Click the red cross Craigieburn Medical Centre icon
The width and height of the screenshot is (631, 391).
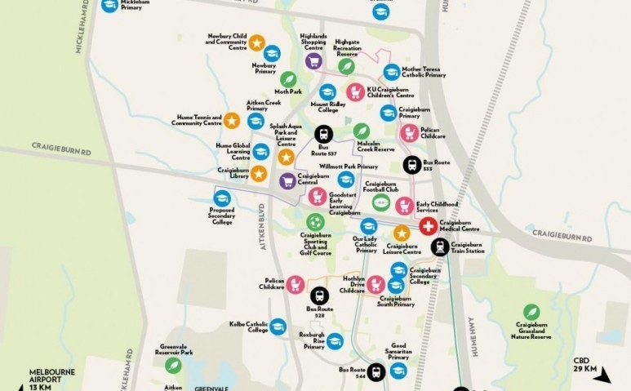pyautogui.click(x=428, y=226)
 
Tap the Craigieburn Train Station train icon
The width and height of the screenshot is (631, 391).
pyautogui.click(x=440, y=247)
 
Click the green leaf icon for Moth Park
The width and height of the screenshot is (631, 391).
pyautogui.click(x=288, y=79)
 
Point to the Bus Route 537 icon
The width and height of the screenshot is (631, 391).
pyautogui.click(x=324, y=135)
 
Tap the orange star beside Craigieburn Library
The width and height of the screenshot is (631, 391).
pyautogui.click(x=258, y=173)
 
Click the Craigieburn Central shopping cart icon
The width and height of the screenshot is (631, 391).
pyautogui.click(x=287, y=181)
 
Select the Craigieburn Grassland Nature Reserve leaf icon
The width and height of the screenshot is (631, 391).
pyautogui.click(x=531, y=311)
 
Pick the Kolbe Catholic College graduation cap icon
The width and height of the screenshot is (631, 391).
pyautogui.click(x=278, y=326)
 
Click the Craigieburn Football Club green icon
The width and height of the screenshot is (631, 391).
pyautogui.click(x=380, y=202)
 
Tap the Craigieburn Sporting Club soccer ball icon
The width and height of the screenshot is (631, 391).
pyautogui.click(x=314, y=221)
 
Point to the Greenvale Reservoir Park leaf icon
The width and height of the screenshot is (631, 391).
pyautogui.click(x=172, y=365)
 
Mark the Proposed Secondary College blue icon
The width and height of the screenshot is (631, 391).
pyautogui.click(x=221, y=198)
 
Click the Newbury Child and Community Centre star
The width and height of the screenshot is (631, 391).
pyautogui.click(x=256, y=42)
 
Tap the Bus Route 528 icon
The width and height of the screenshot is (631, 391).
pyautogui.click(x=319, y=295)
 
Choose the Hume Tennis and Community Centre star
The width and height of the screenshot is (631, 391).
pyautogui.click(x=232, y=121)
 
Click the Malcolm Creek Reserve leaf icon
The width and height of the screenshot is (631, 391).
pyautogui.click(x=362, y=131)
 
